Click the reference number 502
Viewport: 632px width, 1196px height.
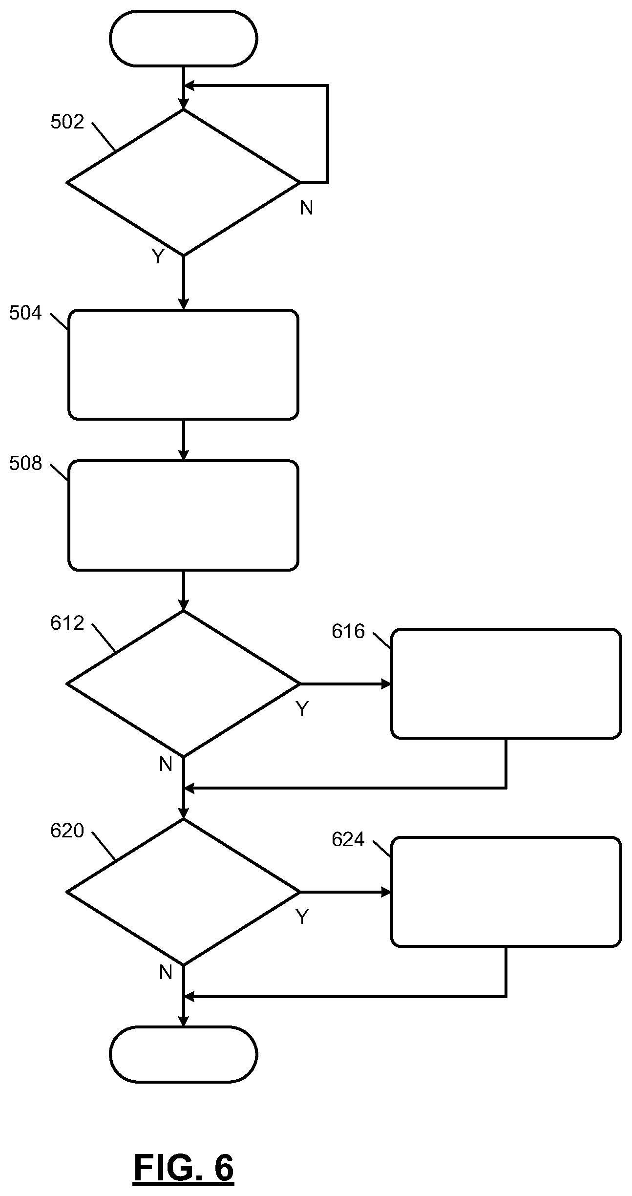(67, 122)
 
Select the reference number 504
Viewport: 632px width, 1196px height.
(25, 313)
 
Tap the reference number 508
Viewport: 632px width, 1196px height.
(25, 464)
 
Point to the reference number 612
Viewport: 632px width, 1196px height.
(67, 623)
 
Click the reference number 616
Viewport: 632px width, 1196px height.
(348, 632)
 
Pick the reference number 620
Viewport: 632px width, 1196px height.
(67, 831)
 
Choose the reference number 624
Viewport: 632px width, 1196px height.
(348, 840)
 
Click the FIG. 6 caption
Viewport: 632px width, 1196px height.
(183, 1169)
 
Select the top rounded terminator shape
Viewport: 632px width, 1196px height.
(183, 39)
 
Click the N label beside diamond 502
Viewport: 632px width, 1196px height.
(306, 208)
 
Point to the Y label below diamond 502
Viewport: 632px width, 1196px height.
(157, 256)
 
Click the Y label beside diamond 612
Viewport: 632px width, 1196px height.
(302, 709)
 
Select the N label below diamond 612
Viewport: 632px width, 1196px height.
(166, 765)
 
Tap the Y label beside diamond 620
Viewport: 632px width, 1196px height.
(302, 917)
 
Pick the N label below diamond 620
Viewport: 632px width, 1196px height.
(166, 973)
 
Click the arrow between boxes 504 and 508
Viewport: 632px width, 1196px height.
(183, 440)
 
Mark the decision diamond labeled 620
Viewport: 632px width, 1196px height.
(183, 892)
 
